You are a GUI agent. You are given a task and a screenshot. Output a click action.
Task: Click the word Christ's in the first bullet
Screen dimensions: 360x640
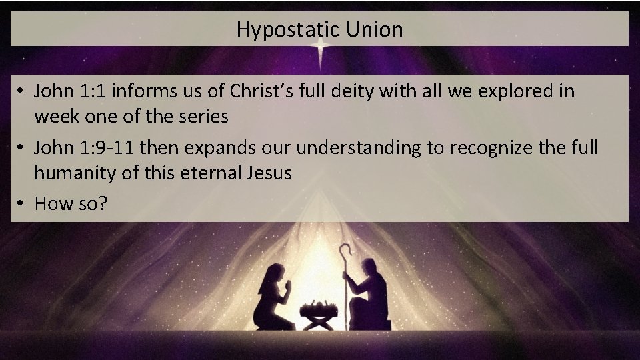coord(262,90)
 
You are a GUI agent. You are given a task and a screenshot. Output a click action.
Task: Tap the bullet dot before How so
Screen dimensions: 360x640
coord(21,203)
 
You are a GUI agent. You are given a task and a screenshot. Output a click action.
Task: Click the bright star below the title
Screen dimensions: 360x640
coord(320,48)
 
